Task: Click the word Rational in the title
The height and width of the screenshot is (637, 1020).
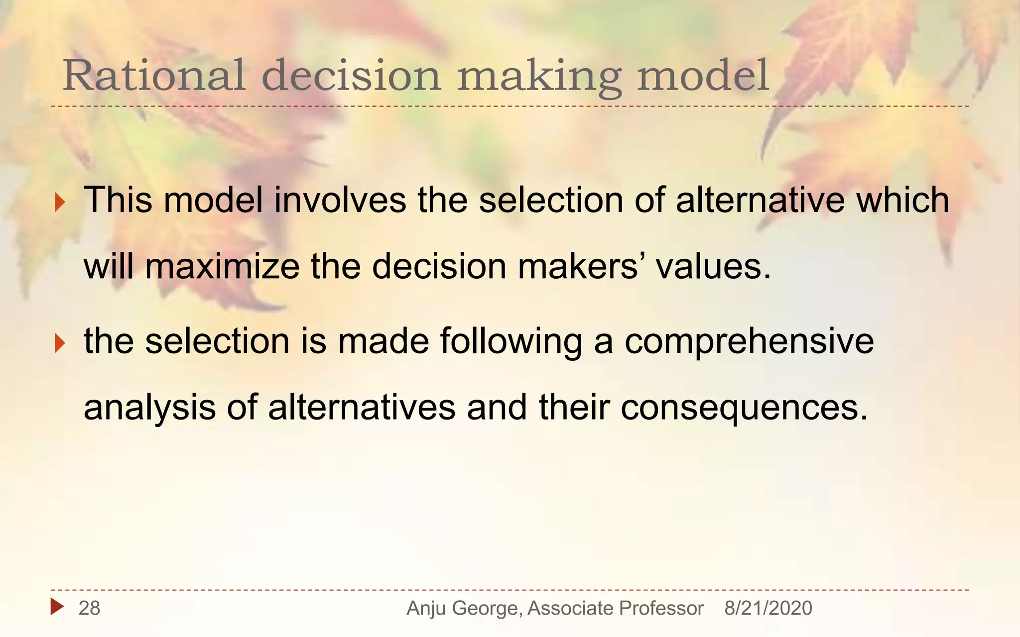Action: pyautogui.click(x=153, y=76)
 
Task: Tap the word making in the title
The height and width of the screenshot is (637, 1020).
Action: pyautogui.click(x=539, y=76)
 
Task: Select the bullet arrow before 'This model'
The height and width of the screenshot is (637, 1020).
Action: pyautogui.click(x=60, y=202)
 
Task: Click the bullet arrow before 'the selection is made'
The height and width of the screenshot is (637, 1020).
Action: pyautogui.click(x=60, y=343)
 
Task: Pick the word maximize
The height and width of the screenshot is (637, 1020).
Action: pyautogui.click(x=222, y=267)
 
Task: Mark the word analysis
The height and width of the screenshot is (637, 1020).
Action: pyautogui.click(x=149, y=408)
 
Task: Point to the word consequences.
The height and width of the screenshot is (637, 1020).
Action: pyautogui.click(x=744, y=408)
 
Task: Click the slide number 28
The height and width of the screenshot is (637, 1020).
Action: pyautogui.click(x=90, y=608)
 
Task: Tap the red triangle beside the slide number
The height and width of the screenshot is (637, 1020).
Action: pyautogui.click(x=57, y=607)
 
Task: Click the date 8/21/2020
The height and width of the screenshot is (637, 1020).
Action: pyautogui.click(x=768, y=608)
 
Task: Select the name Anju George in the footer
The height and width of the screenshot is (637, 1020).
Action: pyautogui.click(x=463, y=608)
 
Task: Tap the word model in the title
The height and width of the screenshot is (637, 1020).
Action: pyautogui.click(x=703, y=76)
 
